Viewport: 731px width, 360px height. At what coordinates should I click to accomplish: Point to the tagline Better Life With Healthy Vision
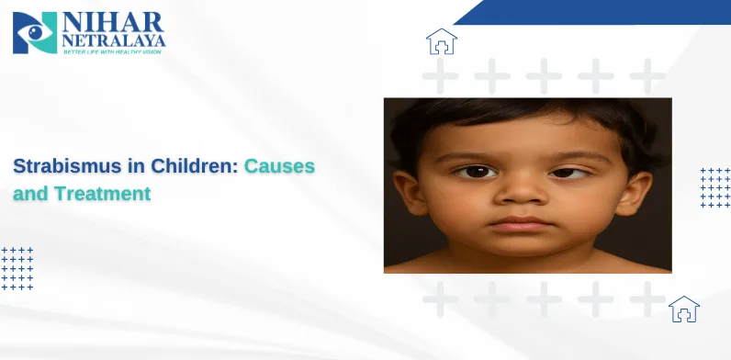pyautogui.click(x=113, y=51)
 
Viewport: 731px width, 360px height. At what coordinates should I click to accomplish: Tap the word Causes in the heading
pyautogui.click(x=279, y=167)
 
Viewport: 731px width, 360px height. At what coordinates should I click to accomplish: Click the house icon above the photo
pyautogui.click(x=441, y=41)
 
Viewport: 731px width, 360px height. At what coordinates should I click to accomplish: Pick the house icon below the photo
pyautogui.click(x=683, y=309)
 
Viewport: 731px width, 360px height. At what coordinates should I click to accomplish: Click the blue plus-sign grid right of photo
pyautogui.click(x=714, y=187)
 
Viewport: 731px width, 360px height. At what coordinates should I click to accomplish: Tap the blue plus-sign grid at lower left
pyautogui.click(x=17, y=268)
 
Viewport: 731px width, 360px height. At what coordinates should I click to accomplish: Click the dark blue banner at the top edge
pyautogui.click(x=597, y=11)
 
